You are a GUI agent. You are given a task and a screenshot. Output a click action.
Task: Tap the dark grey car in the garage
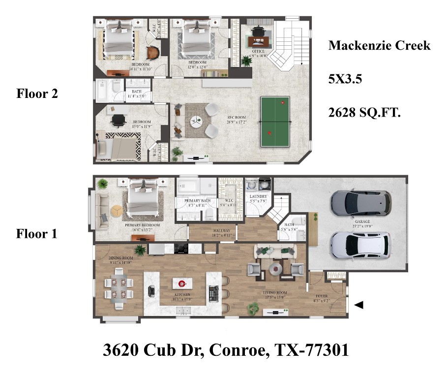click(361, 202)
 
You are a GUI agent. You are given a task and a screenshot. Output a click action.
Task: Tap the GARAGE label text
click(362, 222)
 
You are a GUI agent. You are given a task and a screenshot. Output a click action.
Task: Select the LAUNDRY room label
click(258, 197)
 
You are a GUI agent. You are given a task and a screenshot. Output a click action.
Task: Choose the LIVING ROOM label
click(275, 294)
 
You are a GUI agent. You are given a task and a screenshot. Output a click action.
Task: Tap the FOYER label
click(321, 297)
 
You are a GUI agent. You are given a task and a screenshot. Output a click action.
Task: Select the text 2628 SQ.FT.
click(364, 113)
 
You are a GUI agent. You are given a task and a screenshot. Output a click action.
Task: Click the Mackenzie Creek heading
click(379, 46)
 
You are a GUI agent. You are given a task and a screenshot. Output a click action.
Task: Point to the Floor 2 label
click(37, 94)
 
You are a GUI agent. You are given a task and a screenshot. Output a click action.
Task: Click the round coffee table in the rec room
click(196, 121)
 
